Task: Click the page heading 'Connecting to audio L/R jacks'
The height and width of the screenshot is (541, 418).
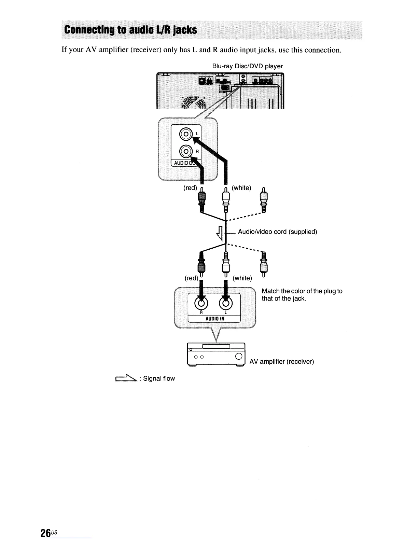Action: pos(131,30)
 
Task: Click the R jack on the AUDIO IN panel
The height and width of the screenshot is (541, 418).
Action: pos(201,302)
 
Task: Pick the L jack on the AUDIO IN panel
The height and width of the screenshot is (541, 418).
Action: pos(226,302)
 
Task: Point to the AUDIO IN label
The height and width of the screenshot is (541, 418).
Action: pos(214,318)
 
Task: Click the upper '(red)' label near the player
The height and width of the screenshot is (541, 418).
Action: pos(190,188)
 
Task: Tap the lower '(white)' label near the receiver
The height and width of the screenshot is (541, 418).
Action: pos(242,278)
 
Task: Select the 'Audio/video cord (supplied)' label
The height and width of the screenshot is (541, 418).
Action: pos(277,232)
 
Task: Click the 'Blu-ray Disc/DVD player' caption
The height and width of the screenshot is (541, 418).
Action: pos(248,66)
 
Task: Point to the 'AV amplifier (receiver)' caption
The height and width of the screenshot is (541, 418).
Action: pos(282,361)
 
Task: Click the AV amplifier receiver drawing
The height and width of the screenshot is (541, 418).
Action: pos(217,354)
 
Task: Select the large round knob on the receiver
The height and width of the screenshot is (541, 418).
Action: pos(239,357)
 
